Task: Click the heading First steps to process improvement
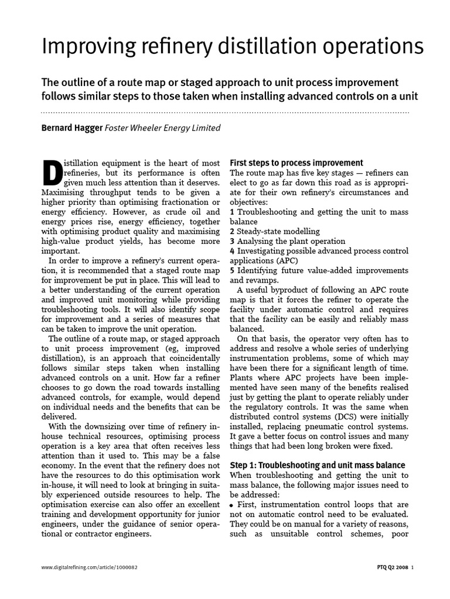tap(296, 163)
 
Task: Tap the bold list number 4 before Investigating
tap(233, 250)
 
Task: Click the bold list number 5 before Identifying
tap(233, 270)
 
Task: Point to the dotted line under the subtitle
tap(225, 112)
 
